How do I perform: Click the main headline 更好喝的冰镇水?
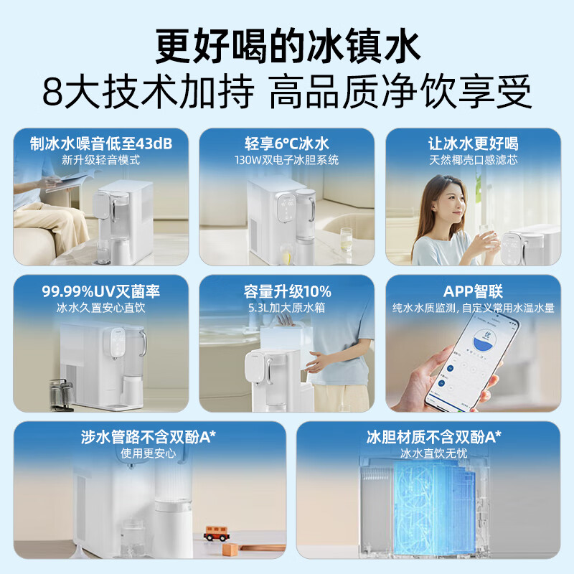point(288,47)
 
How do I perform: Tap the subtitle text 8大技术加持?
point(149,92)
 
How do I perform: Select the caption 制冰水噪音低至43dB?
point(101,143)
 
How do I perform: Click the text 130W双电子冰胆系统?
point(286,160)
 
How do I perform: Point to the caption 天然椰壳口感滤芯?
point(474,160)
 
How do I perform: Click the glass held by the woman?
point(488,239)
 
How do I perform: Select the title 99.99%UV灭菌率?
point(101,291)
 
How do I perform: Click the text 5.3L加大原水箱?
point(286,308)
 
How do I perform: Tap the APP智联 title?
point(473,291)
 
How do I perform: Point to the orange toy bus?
point(217,533)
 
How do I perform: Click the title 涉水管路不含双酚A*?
point(149,437)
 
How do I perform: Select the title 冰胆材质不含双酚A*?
point(434,437)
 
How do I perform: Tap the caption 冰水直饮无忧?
point(434,453)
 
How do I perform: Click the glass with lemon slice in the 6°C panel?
point(346,239)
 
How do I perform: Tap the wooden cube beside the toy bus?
point(230,550)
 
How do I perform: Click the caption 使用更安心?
point(149,453)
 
